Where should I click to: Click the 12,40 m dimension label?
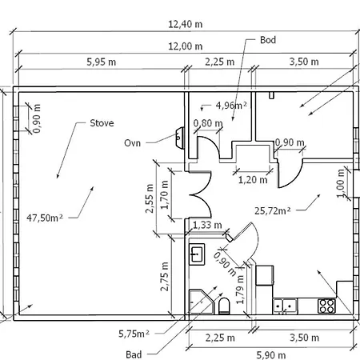click(x=186, y=25)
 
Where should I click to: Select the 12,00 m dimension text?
click(x=186, y=46)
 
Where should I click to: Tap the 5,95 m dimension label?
click(x=102, y=62)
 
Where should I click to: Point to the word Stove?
click(x=102, y=123)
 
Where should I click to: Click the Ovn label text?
click(x=132, y=143)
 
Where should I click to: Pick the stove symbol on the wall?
click(x=180, y=138)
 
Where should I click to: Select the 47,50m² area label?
click(x=45, y=218)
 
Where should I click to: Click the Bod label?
click(x=268, y=40)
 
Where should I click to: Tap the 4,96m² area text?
click(x=231, y=106)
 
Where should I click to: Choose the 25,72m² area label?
click(x=272, y=211)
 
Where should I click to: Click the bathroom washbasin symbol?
click(x=197, y=254)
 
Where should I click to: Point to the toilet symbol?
click(x=224, y=306)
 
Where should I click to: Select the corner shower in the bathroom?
click(x=202, y=302)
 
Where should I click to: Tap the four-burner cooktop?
click(x=326, y=306)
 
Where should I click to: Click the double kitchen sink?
click(x=285, y=306)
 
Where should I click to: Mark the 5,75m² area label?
click(x=134, y=334)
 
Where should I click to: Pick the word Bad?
click(x=134, y=354)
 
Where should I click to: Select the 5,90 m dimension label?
click(x=271, y=355)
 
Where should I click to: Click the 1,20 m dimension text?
click(x=253, y=180)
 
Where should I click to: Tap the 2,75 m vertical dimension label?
click(x=165, y=276)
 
